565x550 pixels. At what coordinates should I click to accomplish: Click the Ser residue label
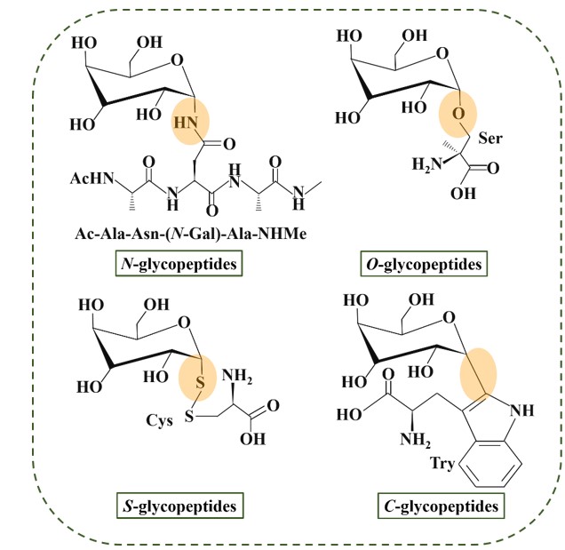(489, 140)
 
